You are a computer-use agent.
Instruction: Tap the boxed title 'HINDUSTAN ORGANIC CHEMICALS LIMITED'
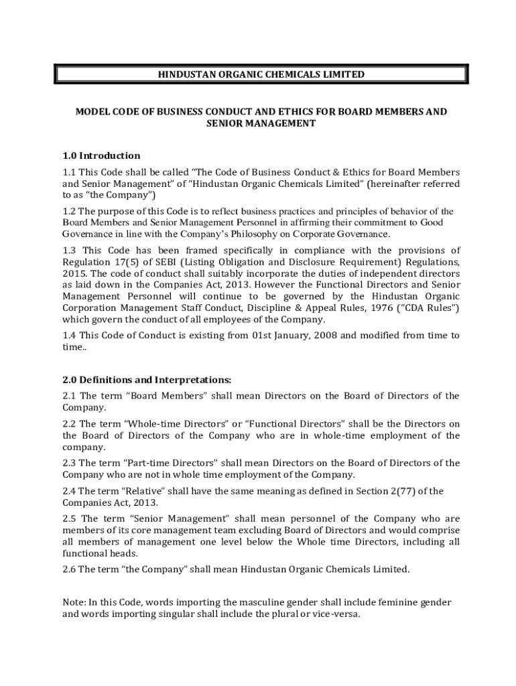tap(261, 74)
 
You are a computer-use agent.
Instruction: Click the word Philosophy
tap(298, 234)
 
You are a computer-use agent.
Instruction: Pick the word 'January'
tap(282, 335)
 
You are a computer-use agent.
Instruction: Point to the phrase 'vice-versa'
tap(337, 614)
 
